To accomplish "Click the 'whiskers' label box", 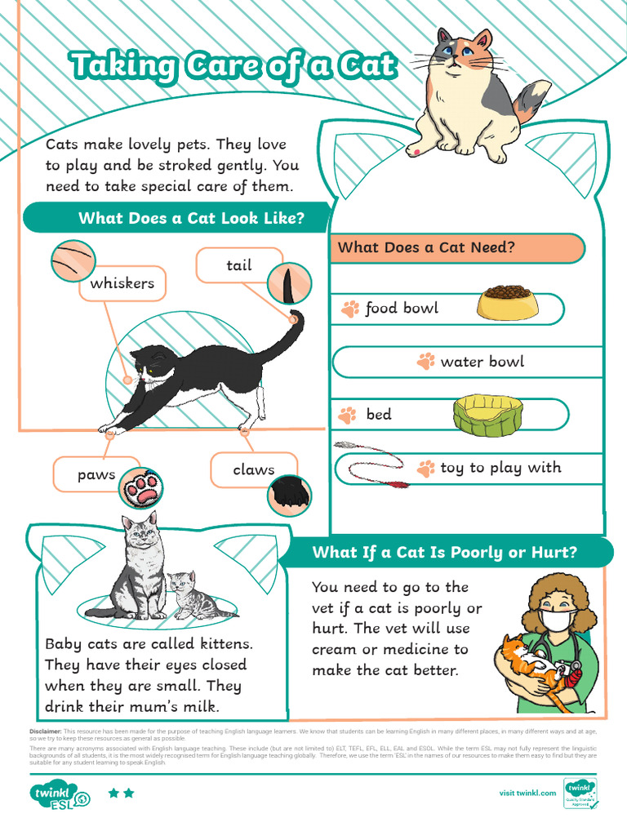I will (122, 284).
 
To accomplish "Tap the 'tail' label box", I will (238, 266).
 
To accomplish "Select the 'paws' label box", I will (96, 475).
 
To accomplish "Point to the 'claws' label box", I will (253, 470).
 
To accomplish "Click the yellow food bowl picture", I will (507, 303).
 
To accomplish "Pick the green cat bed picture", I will (487, 415).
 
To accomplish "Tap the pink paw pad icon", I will (141, 489).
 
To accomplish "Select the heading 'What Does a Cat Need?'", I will (426, 247).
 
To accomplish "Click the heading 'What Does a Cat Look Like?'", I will (191, 218).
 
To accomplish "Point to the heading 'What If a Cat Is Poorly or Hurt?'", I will (444, 553).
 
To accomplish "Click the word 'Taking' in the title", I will (122, 65).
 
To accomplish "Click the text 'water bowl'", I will (482, 362).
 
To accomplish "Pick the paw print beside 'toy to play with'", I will (425, 469).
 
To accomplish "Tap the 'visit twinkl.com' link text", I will (527, 793).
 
